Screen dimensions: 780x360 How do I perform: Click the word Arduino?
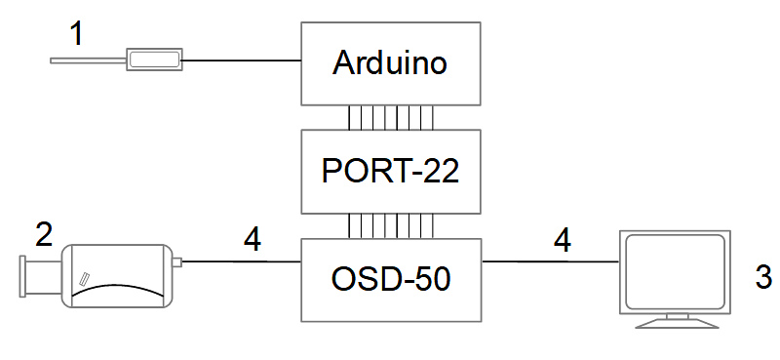click(390, 63)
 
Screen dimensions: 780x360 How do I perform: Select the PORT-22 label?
click(390, 172)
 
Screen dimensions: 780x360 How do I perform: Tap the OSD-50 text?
click(391, 280)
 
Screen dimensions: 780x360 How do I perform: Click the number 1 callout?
click(76, 34)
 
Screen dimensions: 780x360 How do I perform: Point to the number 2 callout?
click(44, 234)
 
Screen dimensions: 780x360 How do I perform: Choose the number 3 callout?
click(763, 276)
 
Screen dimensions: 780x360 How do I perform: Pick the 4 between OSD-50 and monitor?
click(563, 241)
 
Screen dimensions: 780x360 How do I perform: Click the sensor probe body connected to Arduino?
click(154, 60)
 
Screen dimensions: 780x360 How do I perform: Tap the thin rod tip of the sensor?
click(52, 60)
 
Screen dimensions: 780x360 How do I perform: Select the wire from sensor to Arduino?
click(242, 60)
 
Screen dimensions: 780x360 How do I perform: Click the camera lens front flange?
click(22, 276)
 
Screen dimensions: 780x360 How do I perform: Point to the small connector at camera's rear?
click(176, 261)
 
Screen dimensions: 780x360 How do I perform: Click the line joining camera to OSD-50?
click(241, 261)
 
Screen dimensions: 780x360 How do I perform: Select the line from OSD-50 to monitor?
click(550, 260)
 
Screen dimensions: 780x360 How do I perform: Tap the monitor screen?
click(675, 271)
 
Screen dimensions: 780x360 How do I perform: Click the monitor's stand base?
click(677, 324)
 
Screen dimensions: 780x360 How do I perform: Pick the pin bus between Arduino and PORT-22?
click(391, 117)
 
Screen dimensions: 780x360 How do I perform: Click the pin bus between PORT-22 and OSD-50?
click(391, 226)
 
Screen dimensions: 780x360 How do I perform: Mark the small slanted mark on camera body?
click(85, 278)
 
